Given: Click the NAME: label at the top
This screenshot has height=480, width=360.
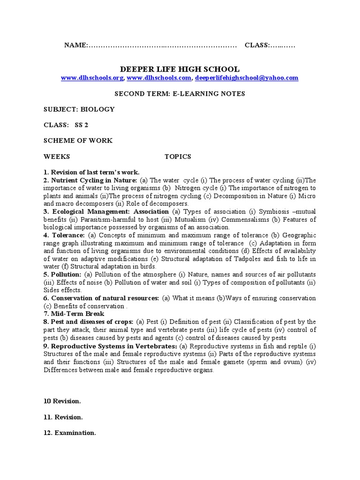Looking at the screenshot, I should [x=76, y=45].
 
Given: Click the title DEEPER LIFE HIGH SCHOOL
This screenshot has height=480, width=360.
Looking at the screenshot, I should [x=180, y=69].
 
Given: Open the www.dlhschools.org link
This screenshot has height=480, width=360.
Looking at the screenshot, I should [x=92, y=78].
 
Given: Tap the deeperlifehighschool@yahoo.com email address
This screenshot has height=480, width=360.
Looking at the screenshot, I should [x=247, y=78].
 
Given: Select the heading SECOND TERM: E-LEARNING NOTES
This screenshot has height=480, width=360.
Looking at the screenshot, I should [x=180, y=94].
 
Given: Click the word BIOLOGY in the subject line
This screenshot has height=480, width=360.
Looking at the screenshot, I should [x=98, y=109].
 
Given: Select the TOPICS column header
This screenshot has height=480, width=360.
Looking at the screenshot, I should [x=178, y=157].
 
